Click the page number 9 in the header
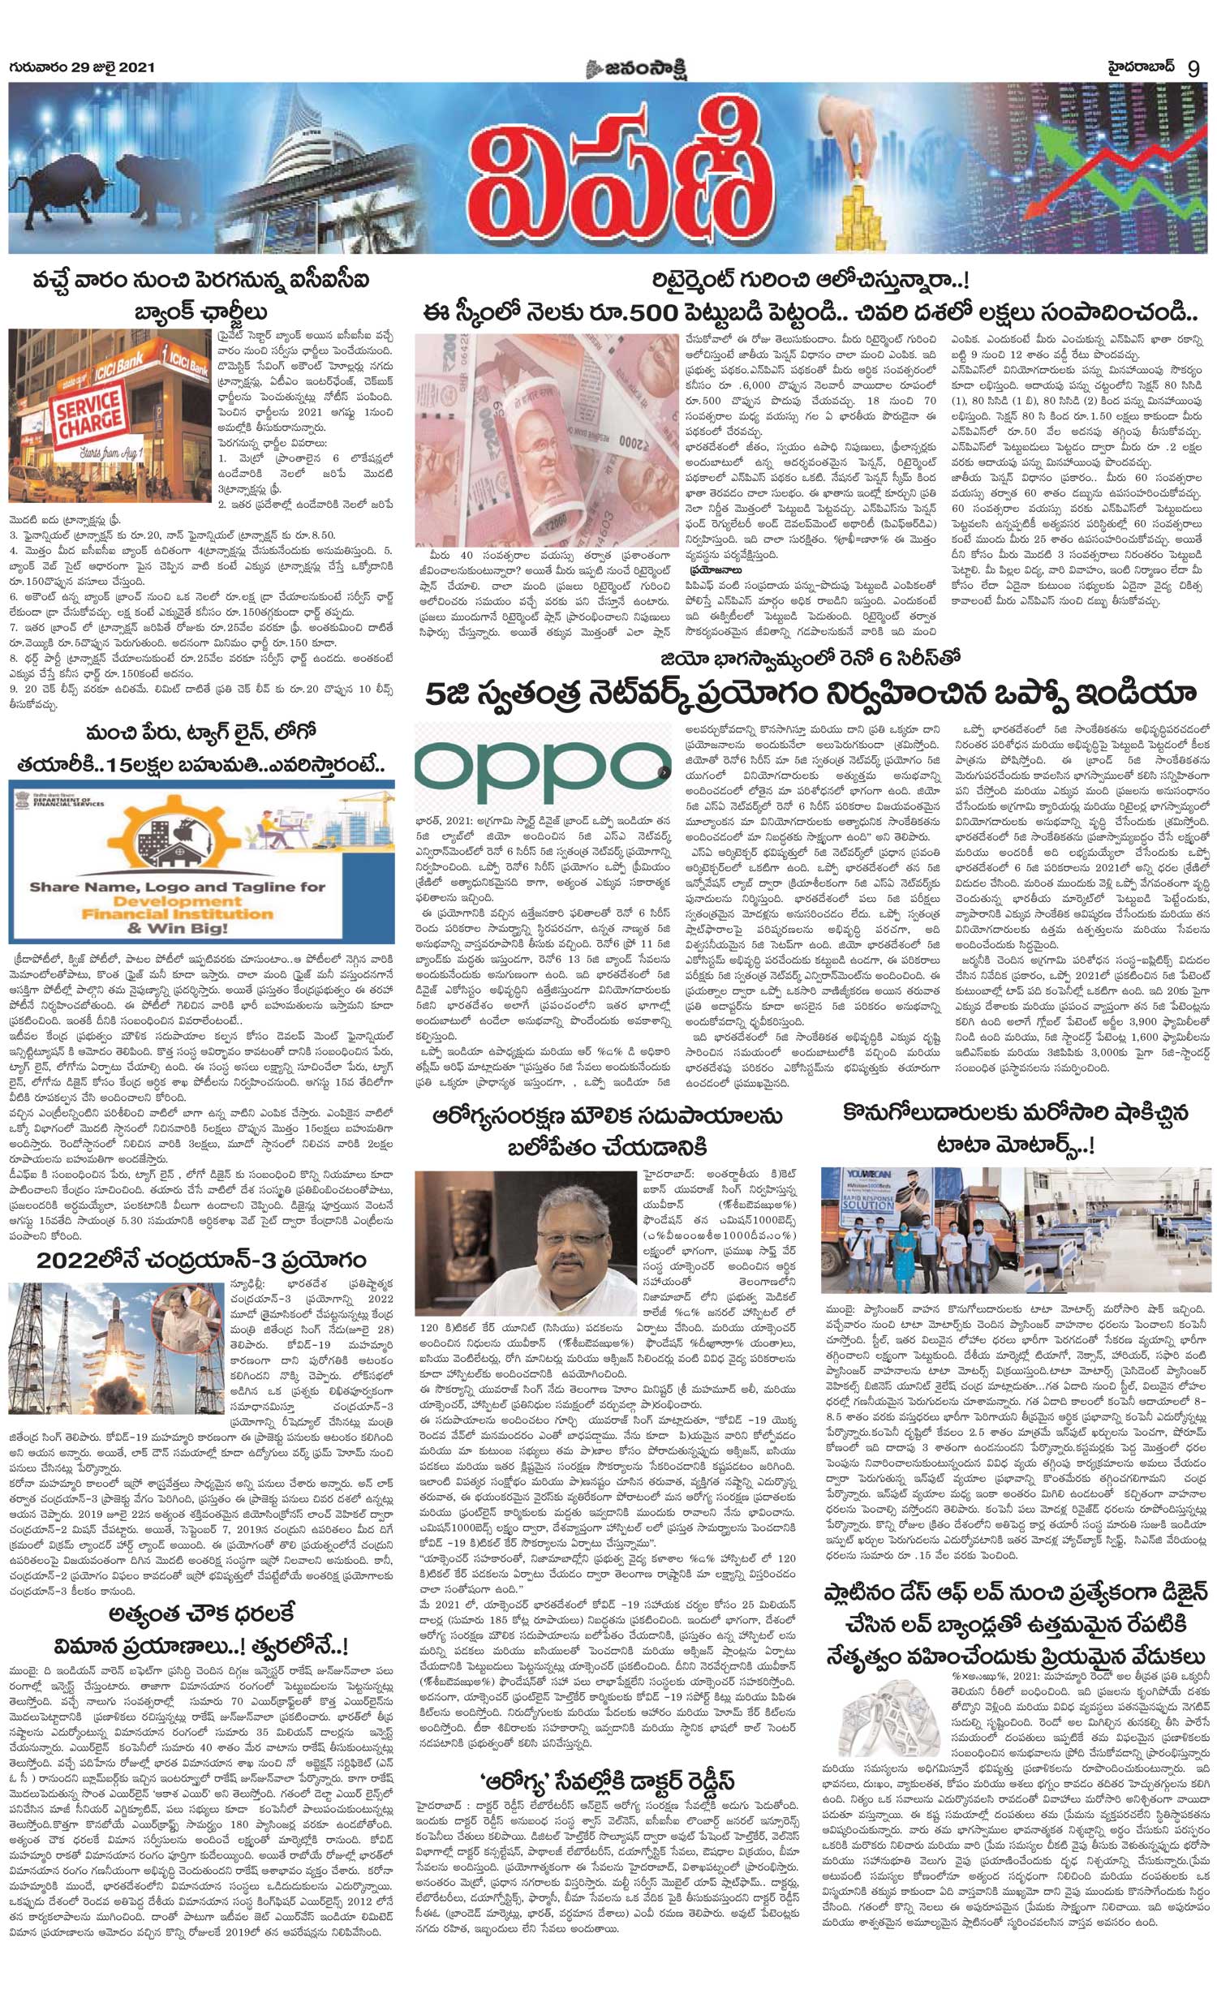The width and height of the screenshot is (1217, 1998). (x=1193, y=68)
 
